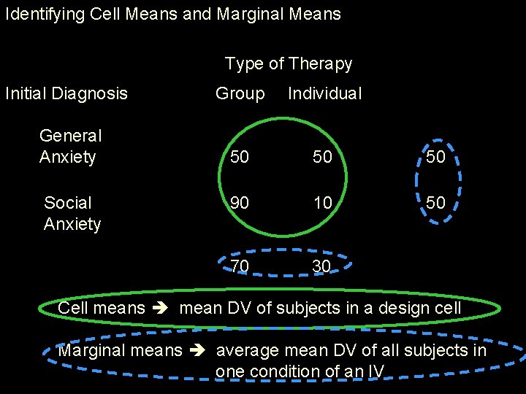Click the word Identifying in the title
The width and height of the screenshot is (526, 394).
(38, 14)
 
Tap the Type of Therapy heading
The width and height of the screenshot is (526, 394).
(288, 64)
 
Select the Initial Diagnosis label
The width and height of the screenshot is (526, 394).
(66, 93)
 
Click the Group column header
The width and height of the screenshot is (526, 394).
(240, 93)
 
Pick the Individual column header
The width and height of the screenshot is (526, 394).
(324, 93)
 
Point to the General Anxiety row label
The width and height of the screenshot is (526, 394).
(70, 146)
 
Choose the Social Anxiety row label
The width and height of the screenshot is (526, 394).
(72, 213)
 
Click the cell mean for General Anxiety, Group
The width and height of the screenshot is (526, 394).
(239, 158)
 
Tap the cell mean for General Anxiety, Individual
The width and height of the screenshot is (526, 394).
(322, 158)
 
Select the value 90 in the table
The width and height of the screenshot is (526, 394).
(239, 203)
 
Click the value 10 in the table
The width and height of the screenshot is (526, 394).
(322, 203)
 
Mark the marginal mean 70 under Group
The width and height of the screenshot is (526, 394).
(239, 266)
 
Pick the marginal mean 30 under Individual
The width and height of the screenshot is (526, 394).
(321, 266)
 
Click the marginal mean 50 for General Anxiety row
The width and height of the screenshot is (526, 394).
(435, 158)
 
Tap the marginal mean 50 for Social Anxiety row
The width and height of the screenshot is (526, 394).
(435, 203)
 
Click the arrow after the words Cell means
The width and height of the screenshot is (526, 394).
(162, 309)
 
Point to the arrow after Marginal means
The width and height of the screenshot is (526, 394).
(199, 351)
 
